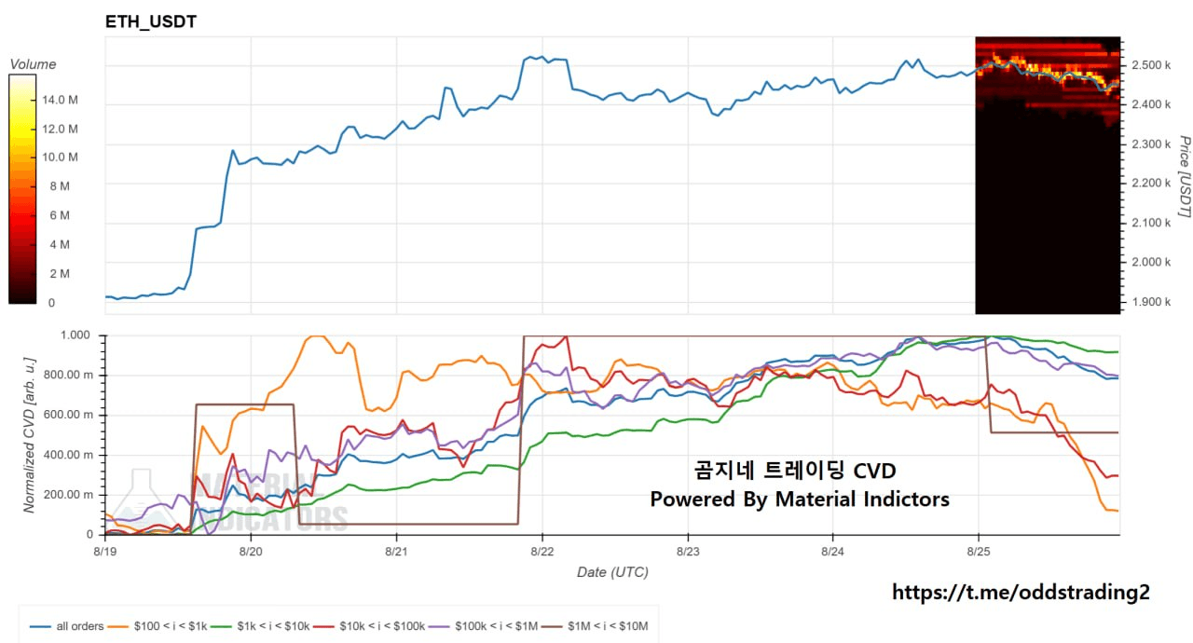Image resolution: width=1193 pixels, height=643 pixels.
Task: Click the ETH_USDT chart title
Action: pos(151,21)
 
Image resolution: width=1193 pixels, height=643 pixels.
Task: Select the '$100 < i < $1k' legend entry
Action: pos(158,626)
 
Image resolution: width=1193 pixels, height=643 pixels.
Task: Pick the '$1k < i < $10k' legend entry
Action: pos(260,626)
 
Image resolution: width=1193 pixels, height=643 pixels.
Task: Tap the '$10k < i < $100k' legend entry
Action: pos(369,626)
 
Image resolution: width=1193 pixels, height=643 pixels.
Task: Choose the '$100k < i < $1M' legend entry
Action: pos(483,626)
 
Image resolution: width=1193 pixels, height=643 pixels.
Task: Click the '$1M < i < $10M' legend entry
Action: pos(595,626)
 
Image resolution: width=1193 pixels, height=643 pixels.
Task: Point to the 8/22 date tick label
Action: pos(542,552)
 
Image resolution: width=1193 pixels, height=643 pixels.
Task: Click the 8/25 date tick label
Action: pos(979,552)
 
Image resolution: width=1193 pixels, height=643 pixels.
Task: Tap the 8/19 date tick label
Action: pos(105,552)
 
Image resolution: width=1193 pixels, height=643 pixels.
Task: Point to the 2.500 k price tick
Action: pos(1151,65)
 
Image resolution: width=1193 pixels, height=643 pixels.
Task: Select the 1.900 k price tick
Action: pos(1151,302)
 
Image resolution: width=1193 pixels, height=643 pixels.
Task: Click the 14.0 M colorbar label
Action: pos(60,100)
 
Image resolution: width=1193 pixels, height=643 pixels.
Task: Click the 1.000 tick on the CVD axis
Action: pos(75,335)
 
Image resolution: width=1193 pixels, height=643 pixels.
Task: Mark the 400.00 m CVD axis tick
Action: pos(69,455)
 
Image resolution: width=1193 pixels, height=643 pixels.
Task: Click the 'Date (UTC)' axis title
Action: pos(612,572)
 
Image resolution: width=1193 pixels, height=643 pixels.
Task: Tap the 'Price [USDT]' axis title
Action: pos(1184,176)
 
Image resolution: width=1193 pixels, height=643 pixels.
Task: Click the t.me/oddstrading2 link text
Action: pos(1021,592)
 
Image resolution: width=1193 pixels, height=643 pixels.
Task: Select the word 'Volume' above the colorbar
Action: pos(33,64)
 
